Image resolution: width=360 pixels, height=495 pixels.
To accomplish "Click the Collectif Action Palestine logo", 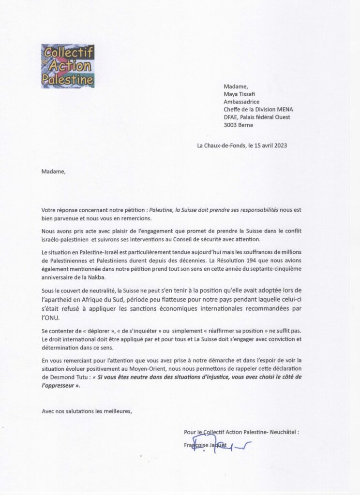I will [68, 66].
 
